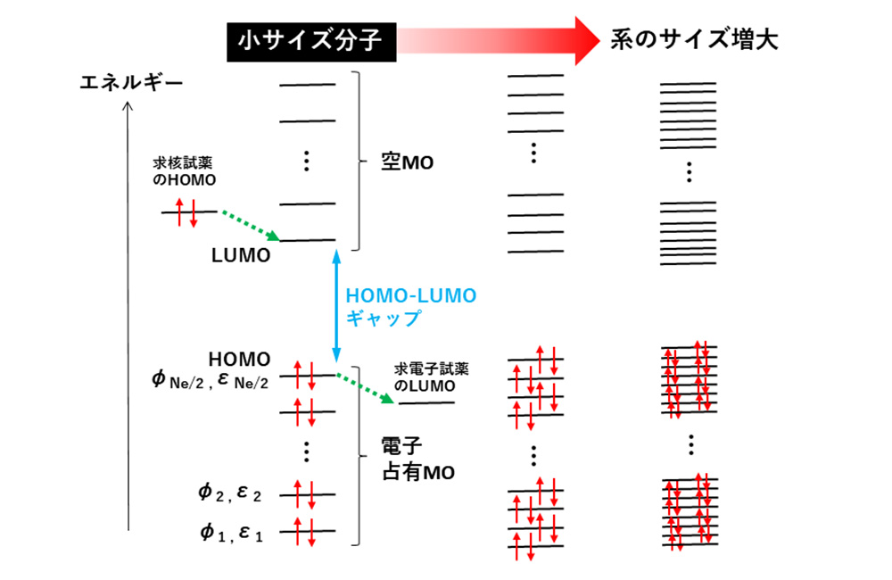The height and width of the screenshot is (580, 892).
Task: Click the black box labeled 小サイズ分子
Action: (311, 42)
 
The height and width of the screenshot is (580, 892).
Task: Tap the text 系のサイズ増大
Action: (693, 40)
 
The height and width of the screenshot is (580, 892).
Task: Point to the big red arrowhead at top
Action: (587, 41)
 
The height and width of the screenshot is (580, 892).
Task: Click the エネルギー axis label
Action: (131, 83)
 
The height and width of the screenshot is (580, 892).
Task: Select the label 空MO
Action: (408, 162)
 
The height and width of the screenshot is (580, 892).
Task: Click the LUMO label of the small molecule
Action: (241, 255)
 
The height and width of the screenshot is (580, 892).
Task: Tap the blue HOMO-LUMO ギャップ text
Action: (410, 307)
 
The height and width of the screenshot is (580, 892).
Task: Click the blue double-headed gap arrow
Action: (336, 306)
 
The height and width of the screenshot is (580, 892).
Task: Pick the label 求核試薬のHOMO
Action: (185, 171)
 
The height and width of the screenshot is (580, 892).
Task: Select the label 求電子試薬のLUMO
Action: (431, 377)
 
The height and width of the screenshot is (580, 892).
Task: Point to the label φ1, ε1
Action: (231, 533)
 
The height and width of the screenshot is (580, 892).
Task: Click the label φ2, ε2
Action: (229, 493)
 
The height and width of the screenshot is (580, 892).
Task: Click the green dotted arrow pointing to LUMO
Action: (251, 226)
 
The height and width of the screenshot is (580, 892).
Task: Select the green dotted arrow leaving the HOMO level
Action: (365, 388)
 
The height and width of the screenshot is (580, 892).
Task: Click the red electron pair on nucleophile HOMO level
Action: (186, 212)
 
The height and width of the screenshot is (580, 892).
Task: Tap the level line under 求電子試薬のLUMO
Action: (426, 403)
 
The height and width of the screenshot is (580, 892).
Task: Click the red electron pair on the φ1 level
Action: (304, 532)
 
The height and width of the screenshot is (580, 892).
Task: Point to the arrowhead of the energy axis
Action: (128, 106)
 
